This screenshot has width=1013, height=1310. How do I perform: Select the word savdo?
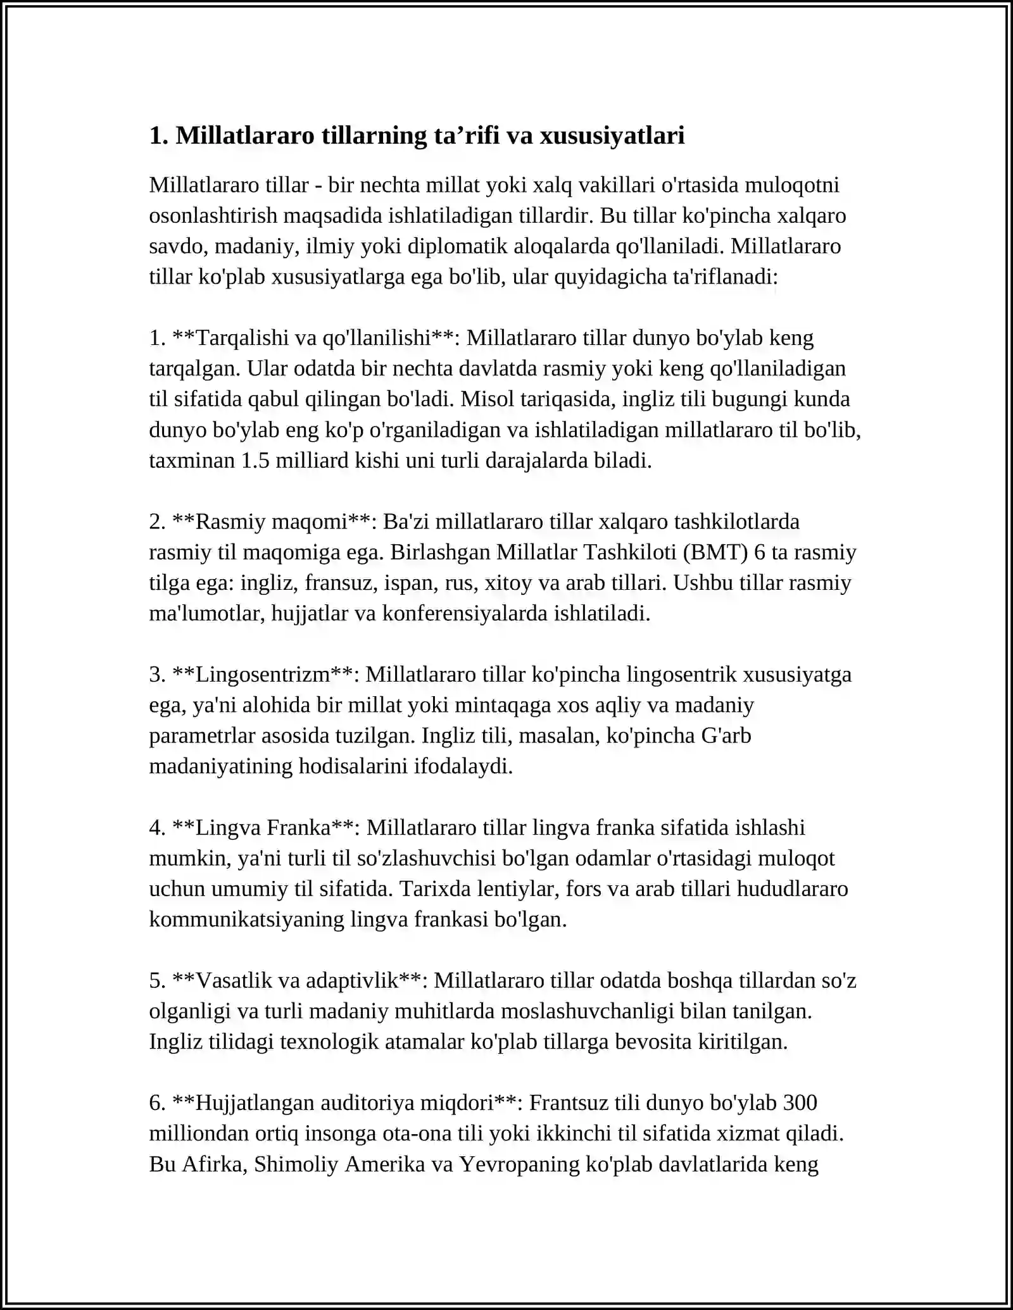tap(175, 246)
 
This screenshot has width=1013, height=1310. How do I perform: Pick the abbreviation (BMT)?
tap(715, 552)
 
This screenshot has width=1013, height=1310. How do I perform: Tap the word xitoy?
tap(508, 582)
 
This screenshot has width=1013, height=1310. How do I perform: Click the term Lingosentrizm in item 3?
tap(263, 674)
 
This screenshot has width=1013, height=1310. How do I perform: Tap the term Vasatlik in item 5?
tap(234, 980)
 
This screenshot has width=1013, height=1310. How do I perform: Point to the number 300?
tap(800, 1102)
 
